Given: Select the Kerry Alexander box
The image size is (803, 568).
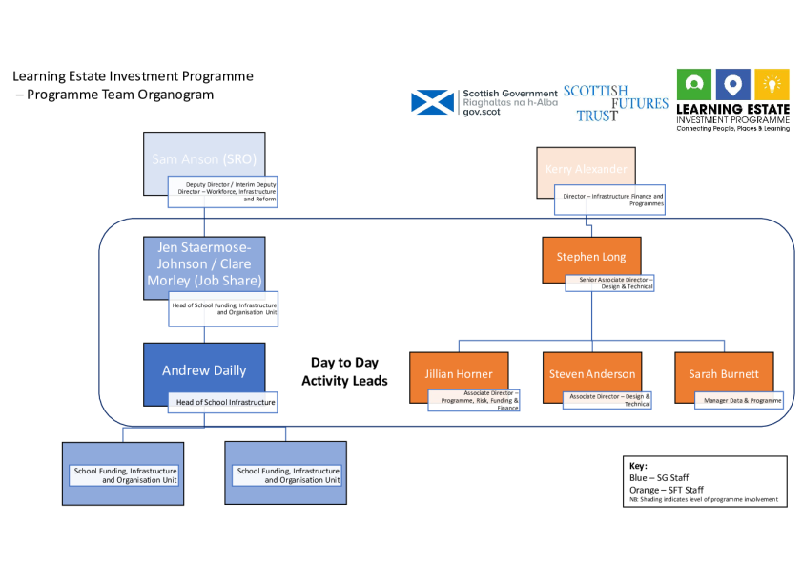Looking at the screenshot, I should [x=586, y=169].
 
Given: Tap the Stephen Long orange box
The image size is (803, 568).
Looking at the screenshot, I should [x=598, y=256].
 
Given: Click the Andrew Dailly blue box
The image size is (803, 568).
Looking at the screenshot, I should [x=203, y=370].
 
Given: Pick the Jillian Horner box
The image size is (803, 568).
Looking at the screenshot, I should [x=459, y=373].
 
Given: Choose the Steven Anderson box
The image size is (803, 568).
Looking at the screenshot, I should [x=591, y=373].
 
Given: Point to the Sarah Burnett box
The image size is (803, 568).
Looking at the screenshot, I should [x=724, y=373].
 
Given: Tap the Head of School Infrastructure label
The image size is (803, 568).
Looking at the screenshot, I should [x=225, y=403].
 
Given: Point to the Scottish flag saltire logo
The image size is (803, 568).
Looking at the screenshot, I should [x=433, y=102].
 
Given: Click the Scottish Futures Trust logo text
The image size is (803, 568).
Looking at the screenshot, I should [x=615, y=103].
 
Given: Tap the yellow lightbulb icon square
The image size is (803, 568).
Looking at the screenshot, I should [x=772, y=85].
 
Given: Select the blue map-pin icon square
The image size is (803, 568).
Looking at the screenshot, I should [x=732, y=85].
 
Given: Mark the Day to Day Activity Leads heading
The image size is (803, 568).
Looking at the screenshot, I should [x=344, y=371].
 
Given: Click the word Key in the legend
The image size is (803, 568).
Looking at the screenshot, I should [x=638, y=466].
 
